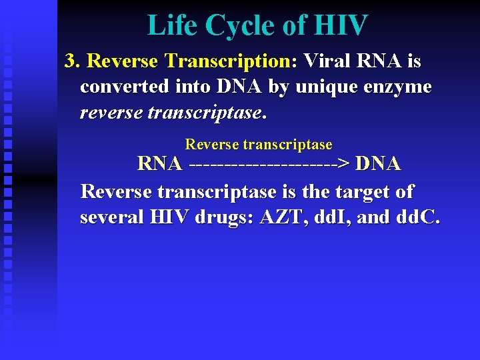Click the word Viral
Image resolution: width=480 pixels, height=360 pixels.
[328, 61]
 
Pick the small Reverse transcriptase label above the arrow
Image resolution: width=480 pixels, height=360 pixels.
[259, 145]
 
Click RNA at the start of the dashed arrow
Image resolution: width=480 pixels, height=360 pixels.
[159, 163]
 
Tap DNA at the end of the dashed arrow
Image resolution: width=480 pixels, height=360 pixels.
[379, 163]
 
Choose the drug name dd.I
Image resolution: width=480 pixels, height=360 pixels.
[346, 218]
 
